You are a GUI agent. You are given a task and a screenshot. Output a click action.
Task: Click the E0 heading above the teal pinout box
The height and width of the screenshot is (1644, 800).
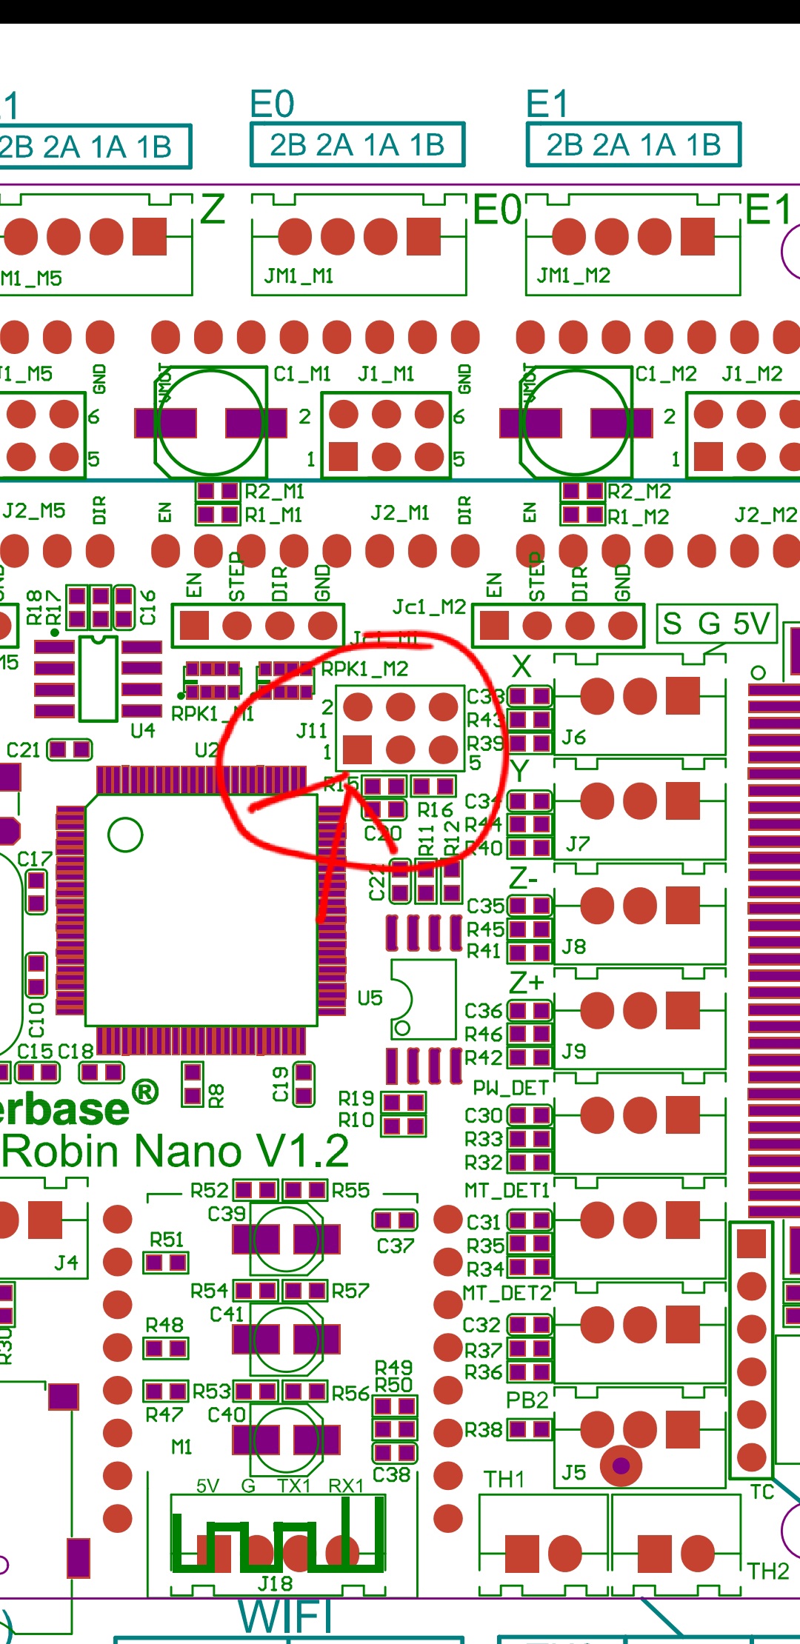pyautogui.click(x=272, y=104)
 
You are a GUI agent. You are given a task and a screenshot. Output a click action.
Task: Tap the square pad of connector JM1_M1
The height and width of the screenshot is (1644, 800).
pyautogui.click(x=423, y=236)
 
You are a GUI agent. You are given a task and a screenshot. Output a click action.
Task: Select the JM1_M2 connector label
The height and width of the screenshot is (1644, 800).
pyautogui.click(x=573, y=276)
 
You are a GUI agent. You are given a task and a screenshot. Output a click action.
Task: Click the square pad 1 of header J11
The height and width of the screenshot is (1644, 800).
pyautogui.click(x=357, y=749)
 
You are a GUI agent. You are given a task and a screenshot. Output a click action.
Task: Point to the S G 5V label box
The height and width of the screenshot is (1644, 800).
pyautogui.click(x=716, y=624)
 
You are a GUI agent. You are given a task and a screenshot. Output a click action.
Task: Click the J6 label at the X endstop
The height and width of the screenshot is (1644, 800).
pyautogui.click(x=573, y=738)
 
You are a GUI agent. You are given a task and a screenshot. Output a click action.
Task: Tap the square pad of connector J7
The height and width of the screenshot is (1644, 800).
pyautogui.click(x=682, y=801)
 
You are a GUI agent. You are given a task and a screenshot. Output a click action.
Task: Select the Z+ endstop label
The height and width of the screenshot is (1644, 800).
pyautogui.click(x=527, y=983)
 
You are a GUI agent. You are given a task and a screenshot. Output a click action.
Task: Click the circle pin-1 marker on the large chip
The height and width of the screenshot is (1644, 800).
pyautogui.click(x=125, y=835)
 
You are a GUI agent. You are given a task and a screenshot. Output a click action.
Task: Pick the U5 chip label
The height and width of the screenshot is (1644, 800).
pyautogui.click(x=370, y=998)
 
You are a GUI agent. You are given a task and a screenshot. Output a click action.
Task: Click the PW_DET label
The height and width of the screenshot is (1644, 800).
pyautogui.click(x=510, y=1088)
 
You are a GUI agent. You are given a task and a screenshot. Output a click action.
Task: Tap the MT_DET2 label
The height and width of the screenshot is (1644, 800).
pyautogui.click(x=507, y=1293)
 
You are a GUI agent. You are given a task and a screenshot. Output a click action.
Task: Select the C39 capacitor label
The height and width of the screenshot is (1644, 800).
pyautogui.click(x=226, y=1214)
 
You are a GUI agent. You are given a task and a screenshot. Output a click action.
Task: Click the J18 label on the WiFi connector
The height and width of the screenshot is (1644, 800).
pyautogui.click(x=275, y=1583)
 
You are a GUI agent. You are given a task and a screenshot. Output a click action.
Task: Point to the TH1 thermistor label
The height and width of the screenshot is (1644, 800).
pyautogui.click(x=504, y=1480)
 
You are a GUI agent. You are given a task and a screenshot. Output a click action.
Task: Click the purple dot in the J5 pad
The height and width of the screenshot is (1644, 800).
pyautogui.click(x=621, y=1466)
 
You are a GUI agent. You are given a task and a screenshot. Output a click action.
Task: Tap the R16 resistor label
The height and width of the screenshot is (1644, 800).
pyautogui.click(x=435, y=810)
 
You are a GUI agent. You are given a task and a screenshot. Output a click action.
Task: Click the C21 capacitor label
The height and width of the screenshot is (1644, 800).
pyautogui.click(x=23, y=750)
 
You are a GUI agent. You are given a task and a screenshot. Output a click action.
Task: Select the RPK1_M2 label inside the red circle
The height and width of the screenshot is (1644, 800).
pyautogui.click(x=364, y=669)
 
